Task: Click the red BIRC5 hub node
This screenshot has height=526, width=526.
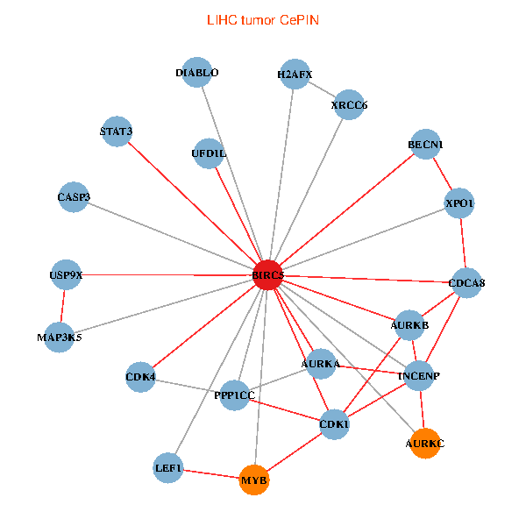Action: coord(268,275)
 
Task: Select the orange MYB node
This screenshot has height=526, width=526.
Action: coord(254,480)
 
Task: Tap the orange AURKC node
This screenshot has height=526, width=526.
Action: coord(425,444)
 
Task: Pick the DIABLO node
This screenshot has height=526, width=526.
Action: coord(197,73)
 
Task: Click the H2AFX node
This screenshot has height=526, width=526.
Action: coord(295,75)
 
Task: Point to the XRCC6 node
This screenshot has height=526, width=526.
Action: coord(350,105)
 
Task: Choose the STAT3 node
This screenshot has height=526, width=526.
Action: coord(117,132)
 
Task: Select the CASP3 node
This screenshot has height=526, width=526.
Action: coord(74,197)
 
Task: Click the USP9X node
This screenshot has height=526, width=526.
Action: coord(66,275)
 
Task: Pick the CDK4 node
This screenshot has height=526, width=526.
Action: coord(140,378)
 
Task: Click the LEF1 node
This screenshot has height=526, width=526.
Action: coord(167,468)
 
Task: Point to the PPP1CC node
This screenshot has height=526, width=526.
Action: coord(234,395)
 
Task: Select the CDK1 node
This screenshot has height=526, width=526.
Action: coord(335,424)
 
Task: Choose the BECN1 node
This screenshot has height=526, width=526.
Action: coord(426,145)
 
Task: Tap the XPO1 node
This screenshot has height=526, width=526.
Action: coord(459,204)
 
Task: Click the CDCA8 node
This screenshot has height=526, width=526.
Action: coord(466,282)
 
